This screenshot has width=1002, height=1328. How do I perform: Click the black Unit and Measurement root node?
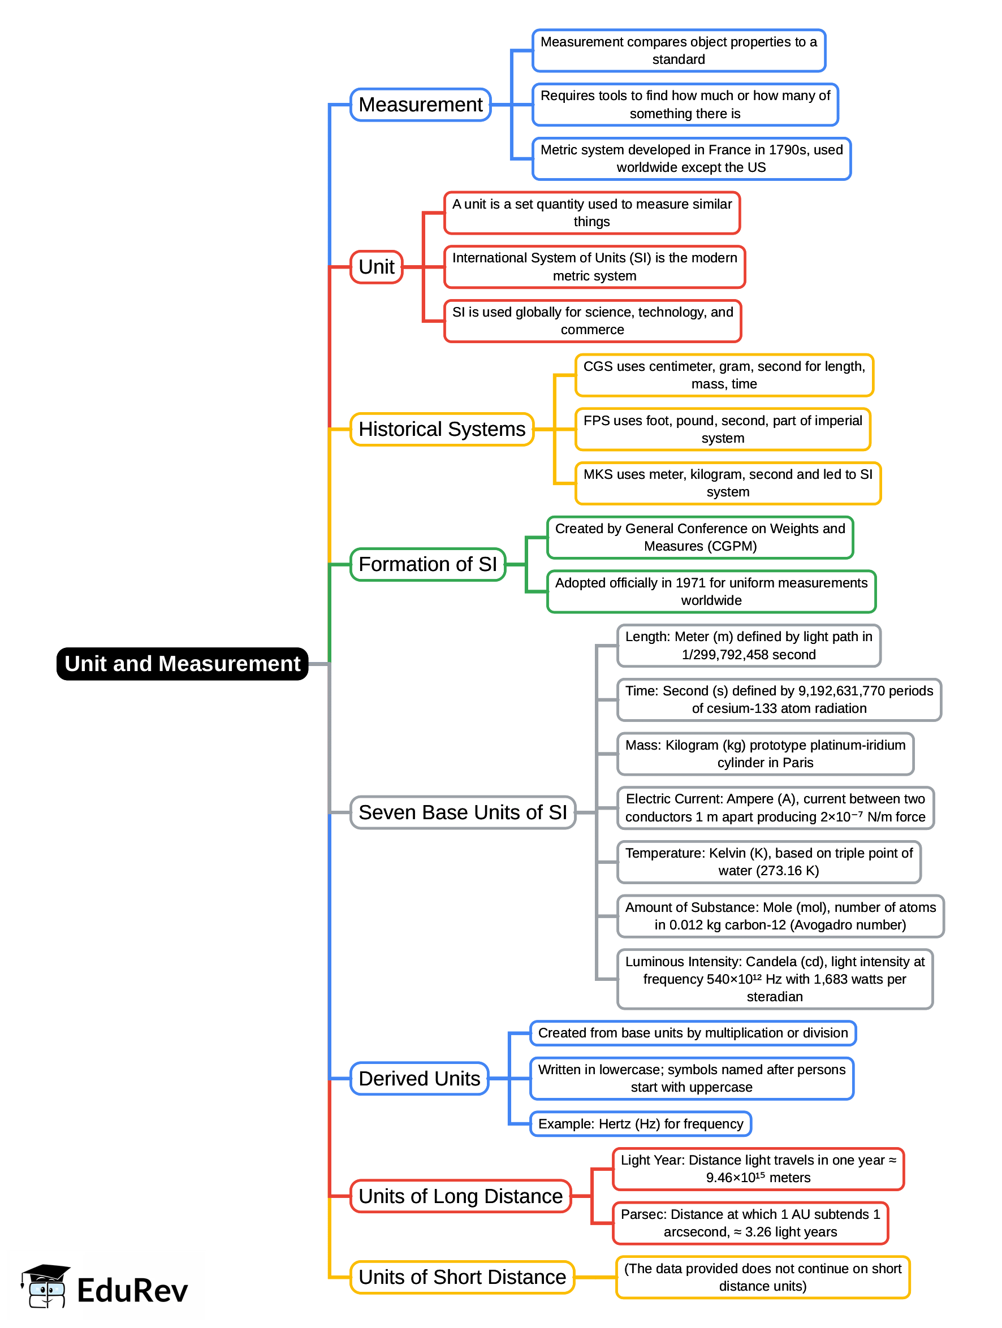(x=182, y=663)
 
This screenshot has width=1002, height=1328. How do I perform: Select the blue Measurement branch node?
(x=420, y=105)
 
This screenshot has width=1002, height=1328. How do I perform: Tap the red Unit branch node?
(x=377, y=266)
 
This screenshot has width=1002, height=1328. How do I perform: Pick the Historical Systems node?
(x=442, y=429)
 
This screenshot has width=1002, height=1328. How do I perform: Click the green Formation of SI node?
(x=427, y=564)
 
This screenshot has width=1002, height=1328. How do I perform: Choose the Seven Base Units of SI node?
(x=463, y=812)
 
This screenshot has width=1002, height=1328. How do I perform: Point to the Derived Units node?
(x=419, y=1078)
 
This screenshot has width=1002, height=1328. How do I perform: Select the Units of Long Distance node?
(x=460, y=1196)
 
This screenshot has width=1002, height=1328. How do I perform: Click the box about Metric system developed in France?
(x=691, y=158)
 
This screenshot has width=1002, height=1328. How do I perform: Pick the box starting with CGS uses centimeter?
(x=723, y=375)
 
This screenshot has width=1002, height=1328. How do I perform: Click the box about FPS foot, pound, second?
(x=722, y=429)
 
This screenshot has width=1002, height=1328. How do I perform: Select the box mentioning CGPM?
(x=699, y=537)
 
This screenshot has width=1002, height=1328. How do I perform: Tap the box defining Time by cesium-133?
(x=779, y=699)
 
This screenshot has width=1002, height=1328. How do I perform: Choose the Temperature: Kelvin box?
(x=768, y=862)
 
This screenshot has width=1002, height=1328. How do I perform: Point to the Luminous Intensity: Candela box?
(x=775, y=979)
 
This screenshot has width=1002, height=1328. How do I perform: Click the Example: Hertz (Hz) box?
(x=640, y=1124)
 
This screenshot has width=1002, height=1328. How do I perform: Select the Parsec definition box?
(x=750, y=1223)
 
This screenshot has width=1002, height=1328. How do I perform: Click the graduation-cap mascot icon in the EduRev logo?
(x=45, y=1286)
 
